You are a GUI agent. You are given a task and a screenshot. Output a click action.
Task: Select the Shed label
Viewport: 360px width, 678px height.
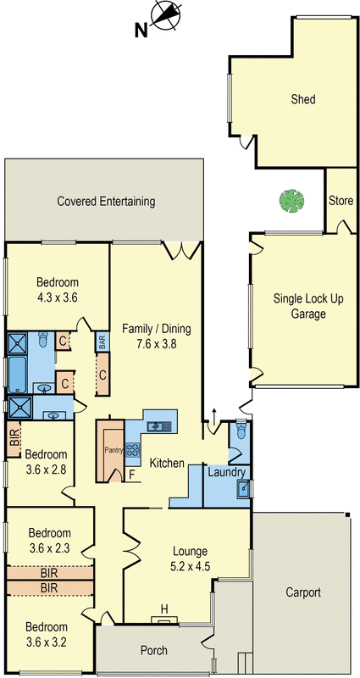point(302,100)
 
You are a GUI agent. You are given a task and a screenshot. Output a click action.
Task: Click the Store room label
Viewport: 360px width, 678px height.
point(341,201)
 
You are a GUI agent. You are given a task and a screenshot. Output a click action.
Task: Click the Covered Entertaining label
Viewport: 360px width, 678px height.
point(106,202)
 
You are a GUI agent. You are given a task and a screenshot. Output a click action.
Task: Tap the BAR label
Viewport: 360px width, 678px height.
point(102,342)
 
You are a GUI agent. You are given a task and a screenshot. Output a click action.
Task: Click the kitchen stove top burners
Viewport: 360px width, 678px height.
point(133,450)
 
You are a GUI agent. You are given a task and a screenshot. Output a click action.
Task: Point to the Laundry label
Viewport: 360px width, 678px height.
point(226,472)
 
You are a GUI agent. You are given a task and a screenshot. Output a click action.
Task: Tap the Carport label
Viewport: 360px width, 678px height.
point(302,592)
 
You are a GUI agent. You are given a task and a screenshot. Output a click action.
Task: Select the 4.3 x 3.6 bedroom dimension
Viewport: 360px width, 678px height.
point(58,297)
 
